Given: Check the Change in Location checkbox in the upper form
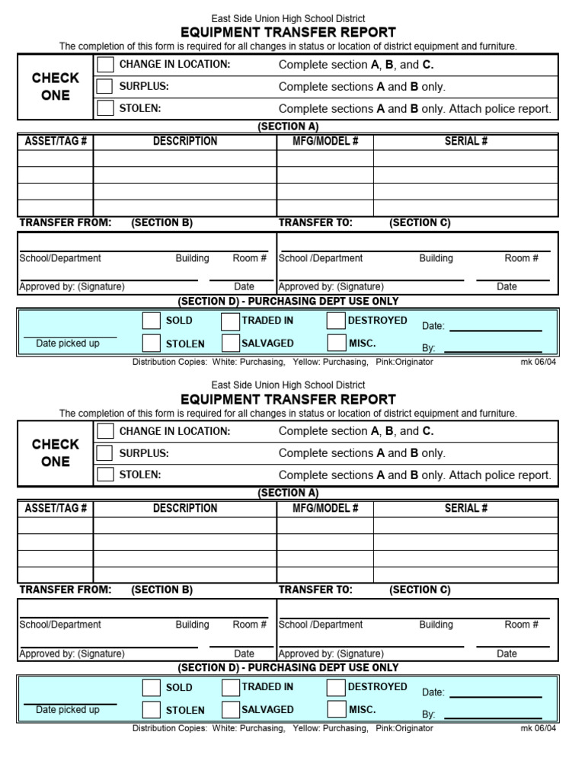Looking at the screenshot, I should coord(105,65).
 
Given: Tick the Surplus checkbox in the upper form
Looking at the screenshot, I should coord(105,86).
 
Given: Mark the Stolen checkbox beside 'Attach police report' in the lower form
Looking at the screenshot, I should coord(105,475).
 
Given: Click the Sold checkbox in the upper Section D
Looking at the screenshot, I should coord(152,321).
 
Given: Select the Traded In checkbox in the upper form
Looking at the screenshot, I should coord(230,321).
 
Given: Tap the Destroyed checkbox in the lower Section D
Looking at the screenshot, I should coord(336,687).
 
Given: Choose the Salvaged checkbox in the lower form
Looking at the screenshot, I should coord(230,710).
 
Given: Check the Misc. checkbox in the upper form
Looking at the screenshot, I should coord(336,344).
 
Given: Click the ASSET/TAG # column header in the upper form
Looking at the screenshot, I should coord(56,142).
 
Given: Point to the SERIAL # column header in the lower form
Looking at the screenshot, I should coord(466,508).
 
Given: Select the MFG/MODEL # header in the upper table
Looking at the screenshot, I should coord(325,142).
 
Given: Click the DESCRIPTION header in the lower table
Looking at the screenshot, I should coord(185,508).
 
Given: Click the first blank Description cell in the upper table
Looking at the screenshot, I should coord(185,158).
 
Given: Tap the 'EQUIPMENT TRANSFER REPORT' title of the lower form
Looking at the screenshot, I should coord(288,399).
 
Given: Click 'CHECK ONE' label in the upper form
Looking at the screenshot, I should coord(56,86).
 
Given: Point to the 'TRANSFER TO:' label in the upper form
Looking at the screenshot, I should coord(315,222).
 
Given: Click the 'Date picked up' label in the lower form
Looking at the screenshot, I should coord(68,710).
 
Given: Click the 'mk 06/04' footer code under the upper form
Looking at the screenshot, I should coord(538,362).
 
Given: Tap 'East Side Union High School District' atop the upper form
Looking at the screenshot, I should coord(288,18).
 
